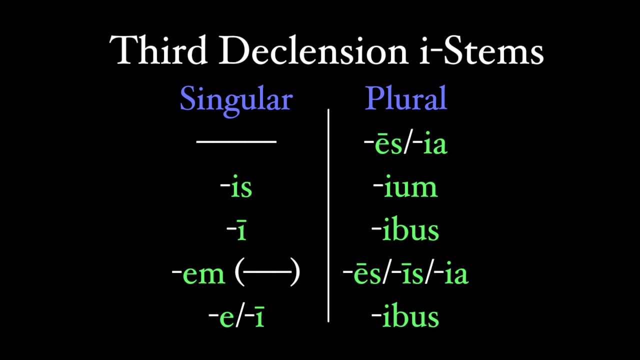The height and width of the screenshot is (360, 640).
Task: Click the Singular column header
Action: click(x=235, y=99)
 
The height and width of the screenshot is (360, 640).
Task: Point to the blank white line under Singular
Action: click(x=236, y=142)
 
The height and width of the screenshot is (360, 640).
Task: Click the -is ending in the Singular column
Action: click(x=236, y=188)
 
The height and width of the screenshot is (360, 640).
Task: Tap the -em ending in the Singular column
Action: click(x=198, y=274)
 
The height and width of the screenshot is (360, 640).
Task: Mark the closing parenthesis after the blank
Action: click(x=295, y=274)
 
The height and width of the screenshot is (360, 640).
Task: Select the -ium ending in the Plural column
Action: click(x=405, y=188)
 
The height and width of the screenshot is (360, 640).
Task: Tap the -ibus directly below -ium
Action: click(x=405, y=231)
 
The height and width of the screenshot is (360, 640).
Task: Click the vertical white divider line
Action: click(x=328, y=215)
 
